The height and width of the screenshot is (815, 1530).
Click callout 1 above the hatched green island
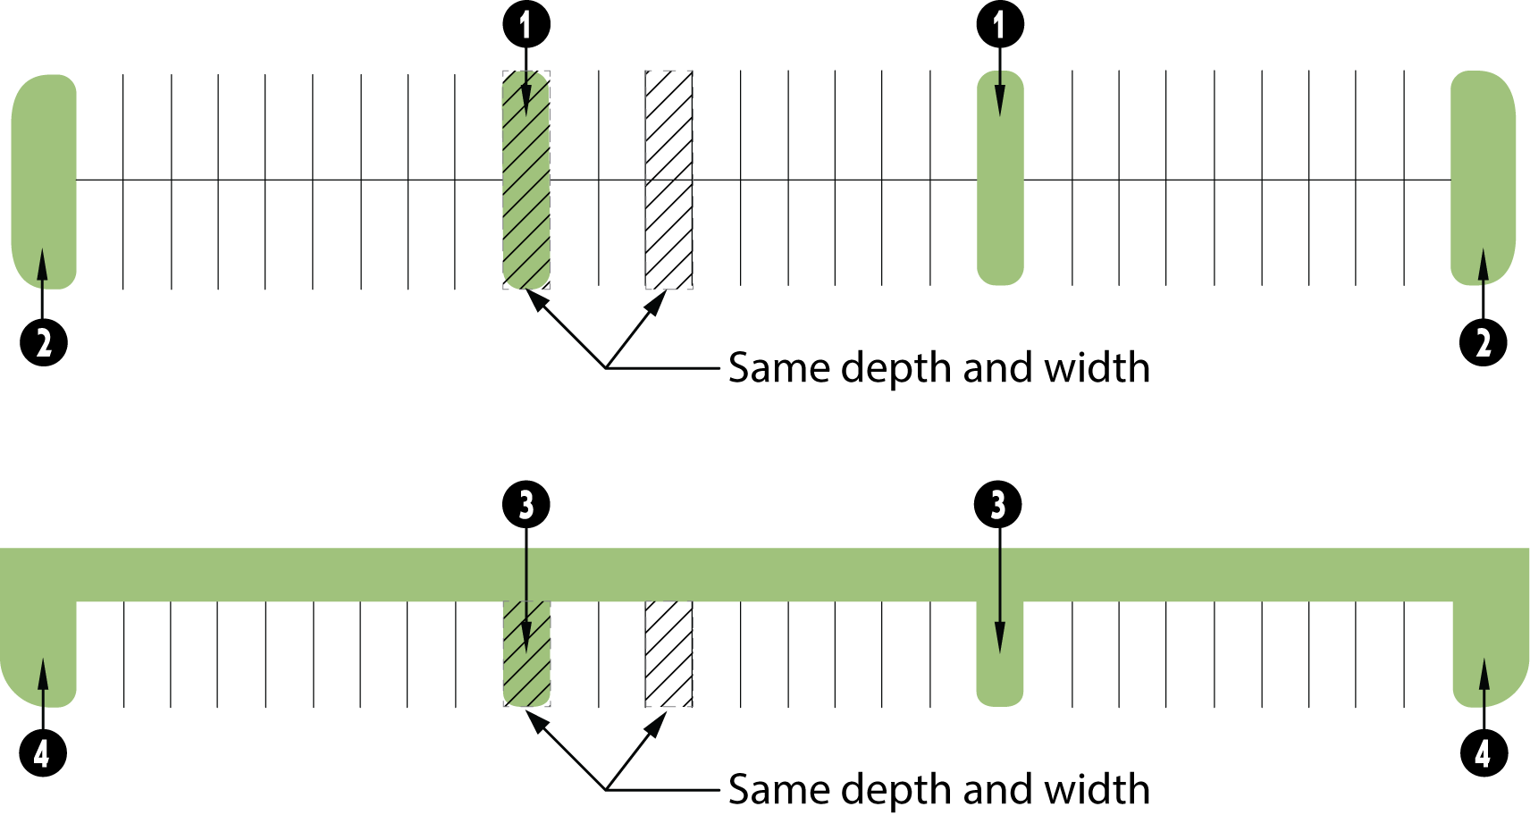(525, 24)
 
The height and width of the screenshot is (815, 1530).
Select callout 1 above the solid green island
(999, 24)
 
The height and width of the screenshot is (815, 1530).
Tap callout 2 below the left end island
(44, 342)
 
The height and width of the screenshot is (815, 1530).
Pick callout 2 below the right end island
(1483, 342)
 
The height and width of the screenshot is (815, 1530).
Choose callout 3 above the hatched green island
(525, 505)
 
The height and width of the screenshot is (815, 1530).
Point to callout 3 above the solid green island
(998, 505)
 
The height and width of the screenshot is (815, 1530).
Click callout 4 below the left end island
(43, 753)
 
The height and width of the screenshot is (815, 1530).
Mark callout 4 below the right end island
(1484, 753)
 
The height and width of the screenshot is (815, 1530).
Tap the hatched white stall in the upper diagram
(668, 180)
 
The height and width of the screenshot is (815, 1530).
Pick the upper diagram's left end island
(44, 179)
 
